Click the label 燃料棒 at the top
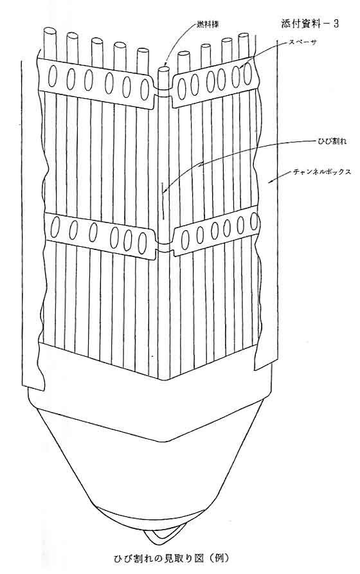click(204, 24)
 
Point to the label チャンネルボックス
click(322, 171)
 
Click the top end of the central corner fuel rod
click(164, 68)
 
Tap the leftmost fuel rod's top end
click(50, 30)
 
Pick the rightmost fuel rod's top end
click(244, 35)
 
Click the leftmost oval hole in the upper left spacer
click(52, 76)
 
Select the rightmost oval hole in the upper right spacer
click(248, 72)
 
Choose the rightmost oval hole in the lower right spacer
click(254, 221)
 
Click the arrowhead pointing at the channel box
click(271, 181)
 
